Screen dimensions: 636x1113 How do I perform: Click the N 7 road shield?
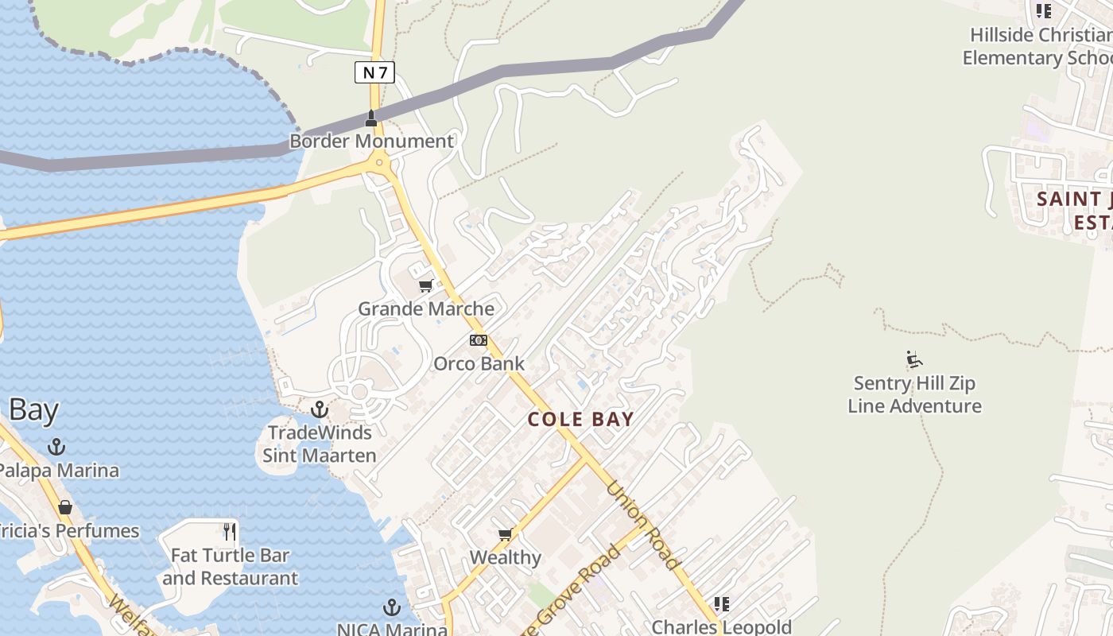pyautogui.click(x=374, y=73)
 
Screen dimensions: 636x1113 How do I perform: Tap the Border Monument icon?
pyautogui.click(x=370, y=118)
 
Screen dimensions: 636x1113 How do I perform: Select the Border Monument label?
pyautogui.click(x=371, y=142)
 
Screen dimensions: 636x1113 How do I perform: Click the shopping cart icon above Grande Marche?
pyautogui.click(x=425, y=286)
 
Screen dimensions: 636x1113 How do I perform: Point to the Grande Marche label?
pyautogui.click(x=426, y=308)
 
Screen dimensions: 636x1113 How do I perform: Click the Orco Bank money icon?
pyautogui.click(x=478, y=340)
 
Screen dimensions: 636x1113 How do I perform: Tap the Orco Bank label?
pyautogui.click(x=479, y=364)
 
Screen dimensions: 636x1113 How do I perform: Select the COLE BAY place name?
pyautogui.click(x=581, y=419)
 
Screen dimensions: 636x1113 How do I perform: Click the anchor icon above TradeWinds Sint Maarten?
pyautogui.click(x=319, y=409)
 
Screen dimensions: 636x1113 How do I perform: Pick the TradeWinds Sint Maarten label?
pyautogui.click(x=319, y=444)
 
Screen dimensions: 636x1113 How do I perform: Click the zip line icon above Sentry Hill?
pyautogui.click(x=914, y=360)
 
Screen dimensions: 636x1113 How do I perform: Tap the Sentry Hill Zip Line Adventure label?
pyautogui.click(x=914, y=394)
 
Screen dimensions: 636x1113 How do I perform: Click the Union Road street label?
pyautogui.click(x=644, y=525)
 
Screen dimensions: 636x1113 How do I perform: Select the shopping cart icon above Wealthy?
pyautogui.click(x=505, y=535)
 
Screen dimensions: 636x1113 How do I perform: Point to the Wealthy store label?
pyautogui.click(x=505, y=558)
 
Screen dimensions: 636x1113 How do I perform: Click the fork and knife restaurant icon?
pyautogui.click(x=230, y=531)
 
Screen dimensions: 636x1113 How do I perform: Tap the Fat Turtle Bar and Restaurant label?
pyautogui.click(x=231, y=566)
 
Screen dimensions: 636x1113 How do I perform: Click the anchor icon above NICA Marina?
pyautogui.click(x=391, y=608)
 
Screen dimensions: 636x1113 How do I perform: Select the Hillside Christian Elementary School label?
pyautogui.click(x=1037, y=47)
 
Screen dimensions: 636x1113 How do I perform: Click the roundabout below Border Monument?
pyautogui.click(x=379, y=163)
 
